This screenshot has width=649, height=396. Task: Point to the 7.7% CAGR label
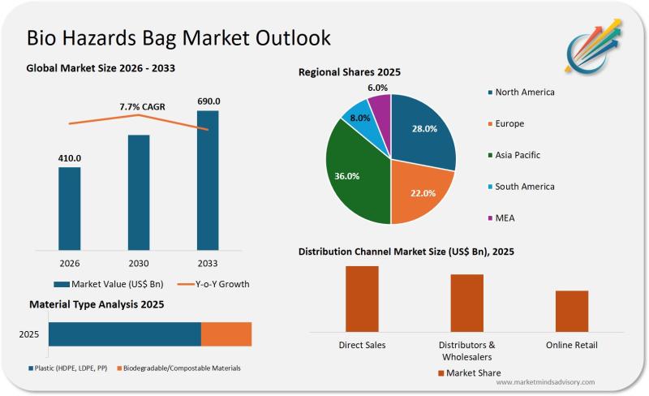tap(142, 106)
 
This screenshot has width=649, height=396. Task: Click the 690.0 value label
tap(208, 101)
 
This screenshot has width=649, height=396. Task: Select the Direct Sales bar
tap(362, 298)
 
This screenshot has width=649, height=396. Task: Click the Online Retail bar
tap(572, 310)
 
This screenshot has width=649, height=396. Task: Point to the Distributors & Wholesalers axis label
tap(466, 351)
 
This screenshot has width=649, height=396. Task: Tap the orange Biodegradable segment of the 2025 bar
tap(226, 334)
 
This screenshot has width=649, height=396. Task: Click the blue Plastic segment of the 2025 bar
tap(124, 334)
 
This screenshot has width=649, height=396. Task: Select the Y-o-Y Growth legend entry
tap(213, 284)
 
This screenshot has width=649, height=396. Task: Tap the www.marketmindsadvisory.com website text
tap(545, 381)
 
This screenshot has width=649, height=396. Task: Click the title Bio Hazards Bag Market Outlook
tap(178, 38)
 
